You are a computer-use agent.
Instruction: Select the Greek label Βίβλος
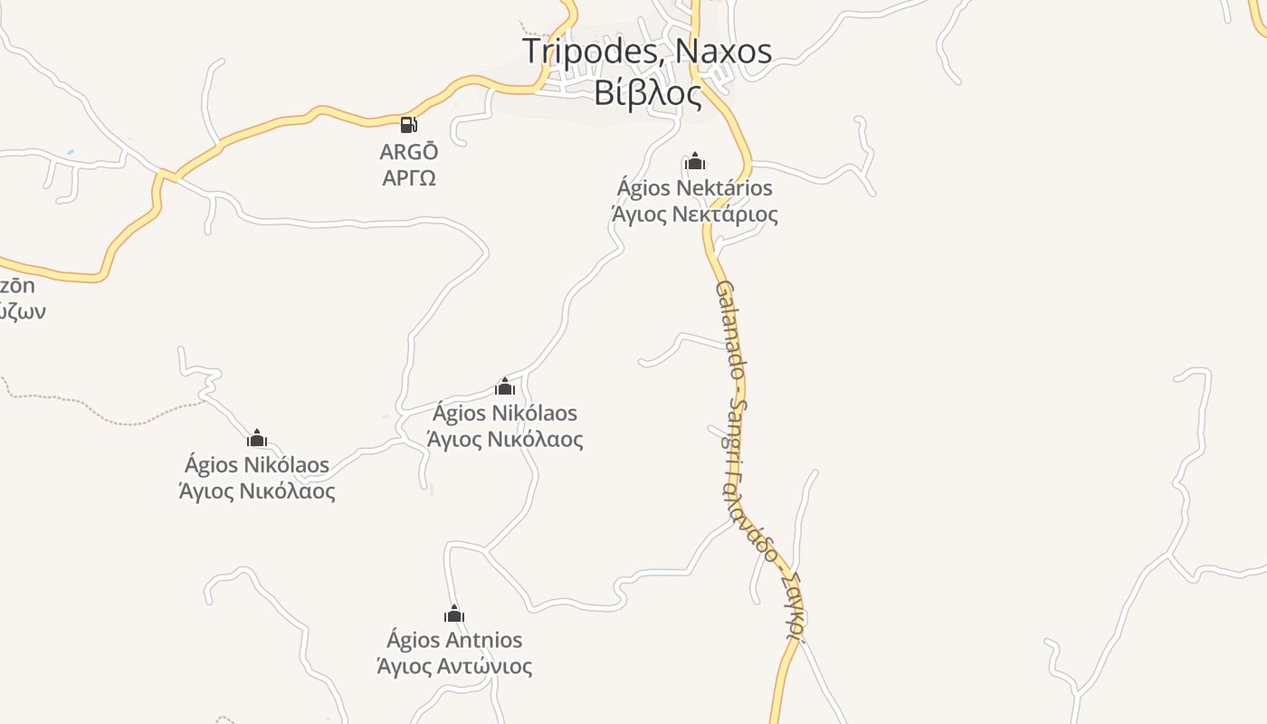pyautogui.click(x=648, y=92)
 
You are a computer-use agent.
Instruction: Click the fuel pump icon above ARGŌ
pyautogui.click(x=409, y=125)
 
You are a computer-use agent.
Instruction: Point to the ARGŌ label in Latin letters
pyautogui.click(x=409, y=151)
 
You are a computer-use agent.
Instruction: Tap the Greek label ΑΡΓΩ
pyautogui.click(x=409, y=177)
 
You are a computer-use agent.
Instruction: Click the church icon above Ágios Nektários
pyautogui.click(x=695, y=162)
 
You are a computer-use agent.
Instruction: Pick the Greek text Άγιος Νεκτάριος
pyautogui.click(x=695, y=214)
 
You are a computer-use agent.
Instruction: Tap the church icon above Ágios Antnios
pyautogui.click(x=454, y=614)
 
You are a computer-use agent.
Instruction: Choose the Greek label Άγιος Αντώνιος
pyautogui.click(x=454, y=666)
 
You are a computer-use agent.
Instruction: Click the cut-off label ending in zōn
pyautogui.click(x=17, y=286)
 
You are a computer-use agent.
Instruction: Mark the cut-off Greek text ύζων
pyautogui.click(x=22, y=312)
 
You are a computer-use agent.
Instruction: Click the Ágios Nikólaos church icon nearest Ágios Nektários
pyautogui.click(x=505, y=387)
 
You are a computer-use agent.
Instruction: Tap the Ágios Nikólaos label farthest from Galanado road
pyautogui.click(x=257, y=465)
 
